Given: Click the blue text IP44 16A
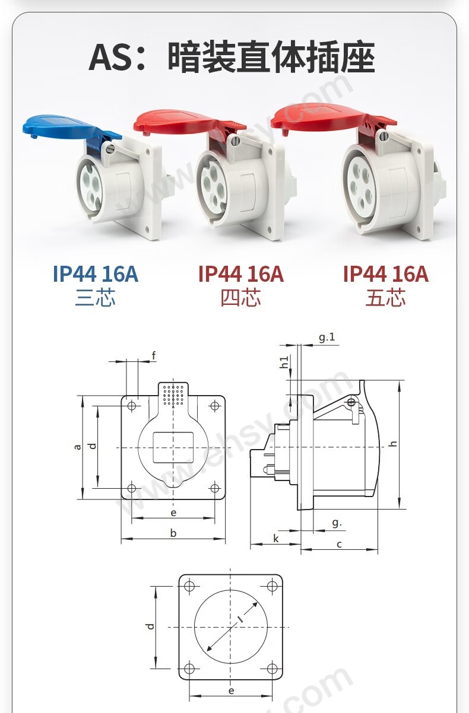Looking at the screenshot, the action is coord(96,273).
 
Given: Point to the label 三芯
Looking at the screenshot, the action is coord(95,298).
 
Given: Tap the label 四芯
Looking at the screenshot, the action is coord(241,298).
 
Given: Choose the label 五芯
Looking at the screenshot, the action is coord(386,298).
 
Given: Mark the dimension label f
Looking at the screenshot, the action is coord(154,356).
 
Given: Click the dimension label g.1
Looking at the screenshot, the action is coord(327,338).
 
